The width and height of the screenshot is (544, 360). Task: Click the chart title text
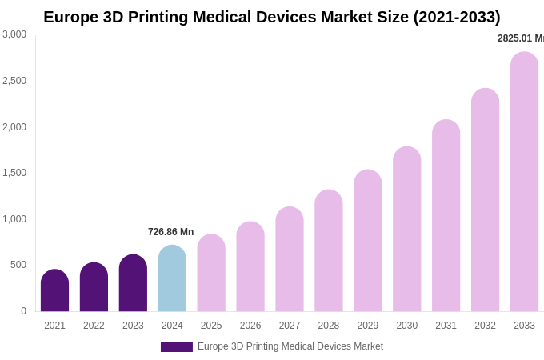(x=272, y=17)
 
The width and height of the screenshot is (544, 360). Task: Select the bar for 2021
(x=54, y=291)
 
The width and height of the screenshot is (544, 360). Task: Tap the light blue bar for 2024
(x=172, y=279)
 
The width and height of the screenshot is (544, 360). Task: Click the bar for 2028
(x=329, y=251)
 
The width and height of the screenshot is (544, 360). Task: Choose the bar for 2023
(x=133, y=284)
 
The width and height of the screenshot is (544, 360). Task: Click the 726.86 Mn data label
(x=170, y=232)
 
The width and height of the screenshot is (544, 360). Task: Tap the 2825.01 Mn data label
(x=521, y=38)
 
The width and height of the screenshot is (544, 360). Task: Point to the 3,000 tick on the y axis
(x=14, y=34)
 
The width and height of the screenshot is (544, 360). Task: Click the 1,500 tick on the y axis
(x=14, y=173)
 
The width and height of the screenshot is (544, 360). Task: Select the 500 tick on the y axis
(x=18, y=265)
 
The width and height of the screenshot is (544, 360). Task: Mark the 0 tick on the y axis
(x=23, y=311)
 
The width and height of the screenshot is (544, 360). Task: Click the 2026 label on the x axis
(x=250, y=326)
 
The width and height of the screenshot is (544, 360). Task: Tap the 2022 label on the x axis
(x=94, y=326)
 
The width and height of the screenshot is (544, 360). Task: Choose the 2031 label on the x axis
(x=446, y=326)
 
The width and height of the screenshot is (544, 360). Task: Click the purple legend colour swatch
(x=176, y=347)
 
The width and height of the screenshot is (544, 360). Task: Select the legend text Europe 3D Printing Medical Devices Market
(x=290, y=346)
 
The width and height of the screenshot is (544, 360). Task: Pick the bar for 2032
(x=485, y=201)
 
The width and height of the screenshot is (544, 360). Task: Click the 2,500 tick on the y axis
(x=14, y=81)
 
